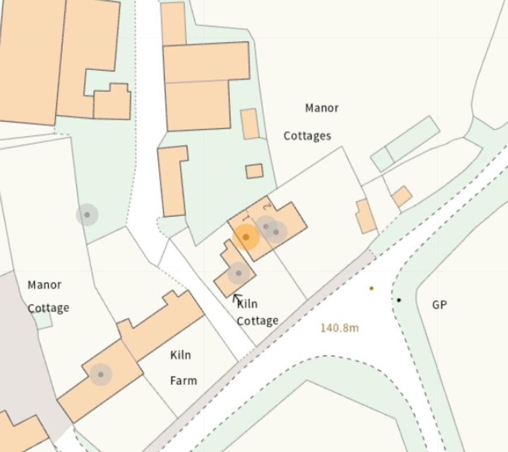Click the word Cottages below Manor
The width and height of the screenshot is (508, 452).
point(307,135)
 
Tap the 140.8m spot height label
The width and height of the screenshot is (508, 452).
point(339,328)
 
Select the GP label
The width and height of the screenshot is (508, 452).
point(439,305)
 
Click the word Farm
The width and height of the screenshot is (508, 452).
point(184,381)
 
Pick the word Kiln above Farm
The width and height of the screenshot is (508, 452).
point(181,355)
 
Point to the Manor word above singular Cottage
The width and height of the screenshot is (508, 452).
point(45,285)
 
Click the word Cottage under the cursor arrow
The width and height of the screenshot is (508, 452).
point(257,321)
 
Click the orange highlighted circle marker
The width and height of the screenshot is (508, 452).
point(246,237)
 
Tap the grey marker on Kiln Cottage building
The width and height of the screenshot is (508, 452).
point(238,273)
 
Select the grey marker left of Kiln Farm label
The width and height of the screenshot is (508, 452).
point(101,374)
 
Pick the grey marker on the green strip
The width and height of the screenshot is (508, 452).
point(87,215)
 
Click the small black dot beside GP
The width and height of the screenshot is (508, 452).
point(399,300)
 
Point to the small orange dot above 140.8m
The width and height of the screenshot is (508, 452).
point(371,288)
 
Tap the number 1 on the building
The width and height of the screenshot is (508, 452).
point(245,218)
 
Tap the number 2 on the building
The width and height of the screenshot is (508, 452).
point(267,205)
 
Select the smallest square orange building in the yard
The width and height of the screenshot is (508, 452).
point(254,171)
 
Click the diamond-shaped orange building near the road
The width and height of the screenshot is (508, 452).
point(402,196)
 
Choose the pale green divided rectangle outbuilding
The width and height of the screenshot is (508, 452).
point(405,144)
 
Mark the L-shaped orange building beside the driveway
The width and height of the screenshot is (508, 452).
point(172,181)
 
